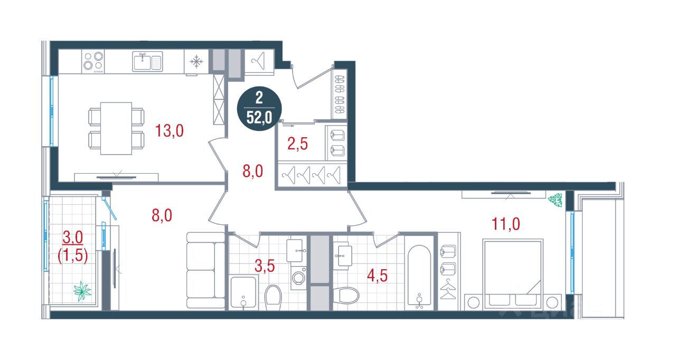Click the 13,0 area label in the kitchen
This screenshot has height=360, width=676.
tap(170, 131)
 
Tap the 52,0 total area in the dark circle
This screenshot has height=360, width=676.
tap(259, 117)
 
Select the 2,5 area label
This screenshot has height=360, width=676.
tap(297, 144)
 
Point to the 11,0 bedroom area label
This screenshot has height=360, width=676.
tap(506, 224)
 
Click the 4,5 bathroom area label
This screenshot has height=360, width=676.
tap(377, 276)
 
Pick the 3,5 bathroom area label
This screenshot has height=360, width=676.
tap(265, 266)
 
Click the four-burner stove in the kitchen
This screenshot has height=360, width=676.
tap(93, 62)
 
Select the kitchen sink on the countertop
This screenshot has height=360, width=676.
tap(147, 62)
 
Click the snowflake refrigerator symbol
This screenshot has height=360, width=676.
tap(196, 62)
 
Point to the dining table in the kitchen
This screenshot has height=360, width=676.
tap(116, 128)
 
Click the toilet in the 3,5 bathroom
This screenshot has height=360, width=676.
tap(273, 298)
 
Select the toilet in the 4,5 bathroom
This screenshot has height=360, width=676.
tap(346, 295)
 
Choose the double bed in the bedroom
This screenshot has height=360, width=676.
tap(513, 274)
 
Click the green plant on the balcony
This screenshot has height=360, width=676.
tap(82, 291)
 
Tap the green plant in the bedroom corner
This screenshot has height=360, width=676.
tap(555, 200)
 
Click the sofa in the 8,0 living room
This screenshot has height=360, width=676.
tap(206, 270)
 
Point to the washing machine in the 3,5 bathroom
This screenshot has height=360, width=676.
tap(299, 278)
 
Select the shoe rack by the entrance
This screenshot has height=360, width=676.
tap(340, 94)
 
